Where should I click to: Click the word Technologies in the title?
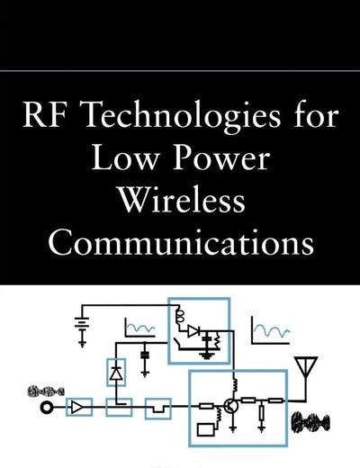182,115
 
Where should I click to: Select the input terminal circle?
47,408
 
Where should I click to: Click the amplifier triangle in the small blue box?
77,408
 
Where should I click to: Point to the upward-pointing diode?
116,373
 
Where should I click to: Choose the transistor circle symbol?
231,406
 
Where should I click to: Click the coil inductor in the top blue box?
181,318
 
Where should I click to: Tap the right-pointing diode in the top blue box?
193,331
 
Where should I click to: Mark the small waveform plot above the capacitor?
140,328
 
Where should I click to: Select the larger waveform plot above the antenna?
271,330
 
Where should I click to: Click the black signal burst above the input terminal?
46,391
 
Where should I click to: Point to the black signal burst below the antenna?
310,422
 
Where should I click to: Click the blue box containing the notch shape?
158,409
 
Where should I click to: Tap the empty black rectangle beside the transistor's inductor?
206,429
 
